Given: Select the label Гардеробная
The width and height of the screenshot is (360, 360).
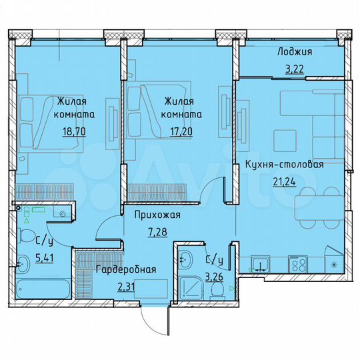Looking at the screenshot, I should coord(126,270).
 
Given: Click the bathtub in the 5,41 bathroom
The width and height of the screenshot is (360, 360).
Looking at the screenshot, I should coord(40,291).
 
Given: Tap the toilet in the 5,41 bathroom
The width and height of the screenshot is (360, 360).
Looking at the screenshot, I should coord(28,237).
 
